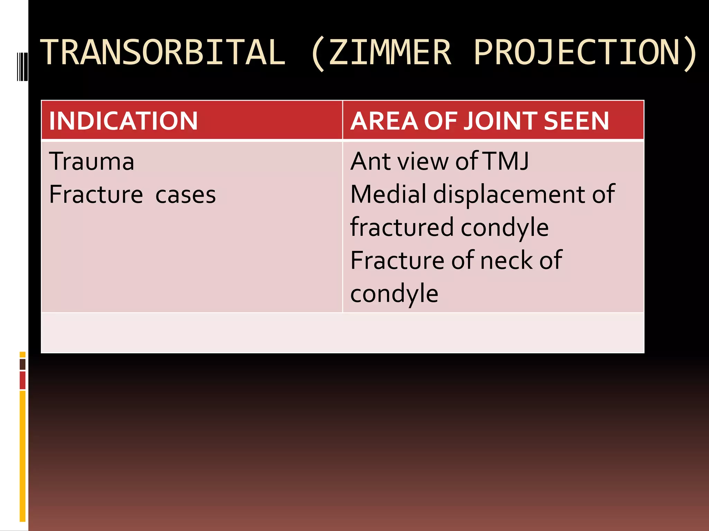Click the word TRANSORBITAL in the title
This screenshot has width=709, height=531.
click(163, 53)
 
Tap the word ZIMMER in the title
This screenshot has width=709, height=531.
click(390, 53)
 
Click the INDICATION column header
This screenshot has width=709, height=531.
click(123, 121)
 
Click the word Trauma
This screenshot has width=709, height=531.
click(91, 161)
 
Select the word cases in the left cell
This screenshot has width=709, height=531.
click(185, 195)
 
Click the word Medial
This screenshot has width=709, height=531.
click(388, 194)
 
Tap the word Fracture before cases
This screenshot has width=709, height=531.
click(96, 194)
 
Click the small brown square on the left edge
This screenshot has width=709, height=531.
click(23, 364)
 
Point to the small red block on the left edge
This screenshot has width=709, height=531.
click(23, 380)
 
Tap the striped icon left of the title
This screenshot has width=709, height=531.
click(23, 66)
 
